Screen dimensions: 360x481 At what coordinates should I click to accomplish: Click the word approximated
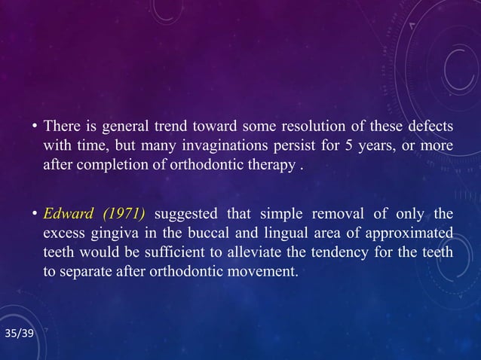click(412, 233)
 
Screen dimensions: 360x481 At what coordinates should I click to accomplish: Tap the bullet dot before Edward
click(34, 215)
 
